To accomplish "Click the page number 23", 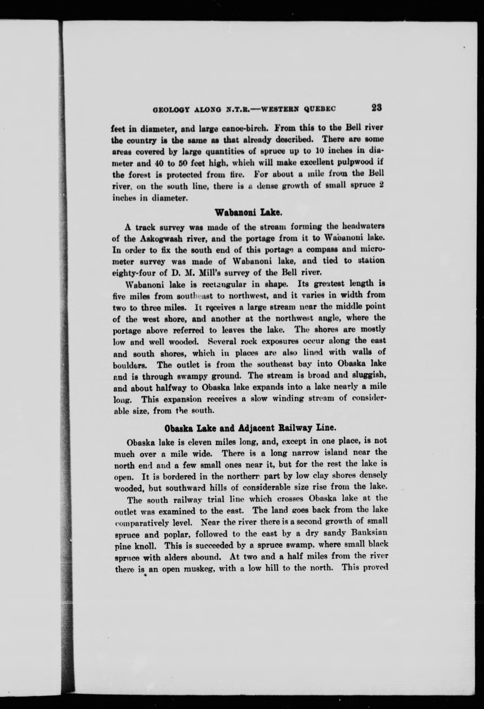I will (x=377, y=108).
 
